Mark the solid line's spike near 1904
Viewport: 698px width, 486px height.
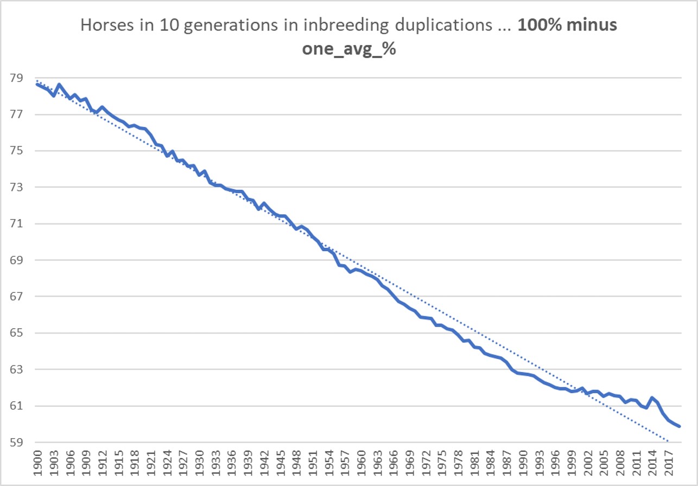(59, 85)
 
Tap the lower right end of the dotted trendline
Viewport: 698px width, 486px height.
(668, 441)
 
